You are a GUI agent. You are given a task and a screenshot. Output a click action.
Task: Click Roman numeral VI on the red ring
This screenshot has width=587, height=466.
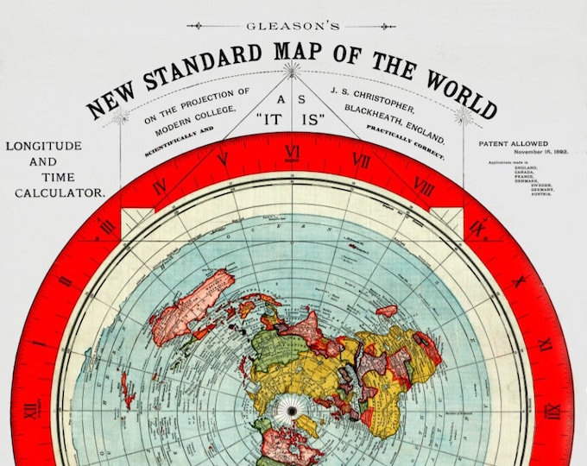293,153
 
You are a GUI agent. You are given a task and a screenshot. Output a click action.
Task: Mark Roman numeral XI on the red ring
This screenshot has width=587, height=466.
545,344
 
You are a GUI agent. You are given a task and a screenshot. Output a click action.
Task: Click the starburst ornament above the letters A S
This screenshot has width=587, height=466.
292,68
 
